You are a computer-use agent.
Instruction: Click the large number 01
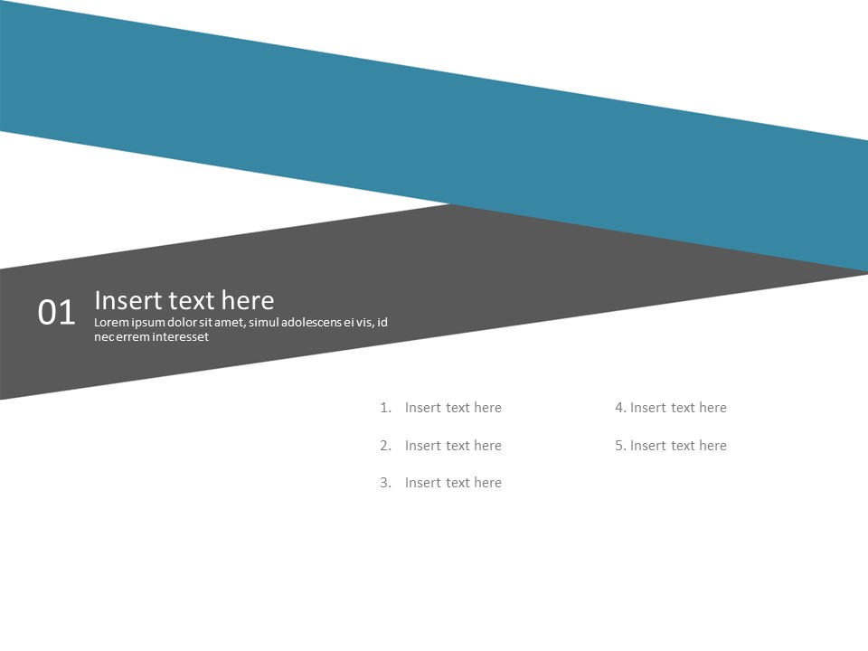click(x=56, y=313)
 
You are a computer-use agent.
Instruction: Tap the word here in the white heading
click(x=247, y=300)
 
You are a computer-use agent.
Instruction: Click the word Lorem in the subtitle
click(x=111, y=323)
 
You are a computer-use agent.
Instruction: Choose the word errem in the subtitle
click(x=127, y=337)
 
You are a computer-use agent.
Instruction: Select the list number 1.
click(x=385, y=408)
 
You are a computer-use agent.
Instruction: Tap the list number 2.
click(x=385, y=446)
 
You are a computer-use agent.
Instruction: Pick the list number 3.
click(x=385, y=483)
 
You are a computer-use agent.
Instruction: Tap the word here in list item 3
click(x=487, y=483)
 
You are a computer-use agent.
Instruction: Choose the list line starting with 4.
click(x=671, y=408)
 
